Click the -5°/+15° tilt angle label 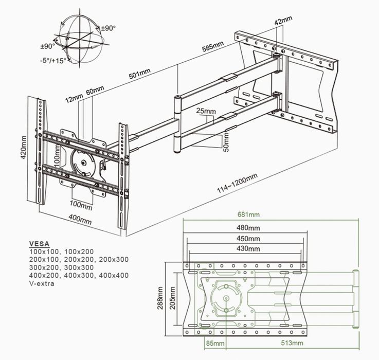pyautogui.click(x=53, y=60)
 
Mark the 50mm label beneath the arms pyautogui.click(x=225, y=140)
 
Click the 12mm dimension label pyautogui.click(x=74, y=98)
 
